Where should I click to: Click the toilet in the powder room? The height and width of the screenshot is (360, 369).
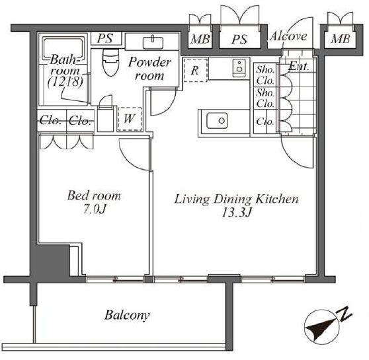[x=111, y=62]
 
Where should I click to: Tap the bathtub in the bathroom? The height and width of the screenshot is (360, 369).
[x=63, y=49]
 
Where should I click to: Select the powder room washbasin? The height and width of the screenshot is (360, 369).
[x=153, y=42]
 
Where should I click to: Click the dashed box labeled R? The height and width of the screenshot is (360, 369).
[x=196, y=70]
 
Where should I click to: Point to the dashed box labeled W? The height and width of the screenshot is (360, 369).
[x=130, y=119]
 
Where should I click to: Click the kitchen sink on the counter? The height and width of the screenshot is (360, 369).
[x=217, y=121]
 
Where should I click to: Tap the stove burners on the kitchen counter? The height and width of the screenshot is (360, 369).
[x=239, y=68]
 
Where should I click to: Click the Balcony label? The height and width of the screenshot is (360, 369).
[x=127, y=315]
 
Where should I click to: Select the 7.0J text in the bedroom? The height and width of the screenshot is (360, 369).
[x=95, y=209]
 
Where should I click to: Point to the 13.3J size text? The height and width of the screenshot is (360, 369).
[x=237, y=213]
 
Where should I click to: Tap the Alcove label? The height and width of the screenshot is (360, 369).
[x=288, y=36]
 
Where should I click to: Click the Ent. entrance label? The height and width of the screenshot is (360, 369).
[x=299, y=66]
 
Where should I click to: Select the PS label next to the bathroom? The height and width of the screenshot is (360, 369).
[x=105, y=38]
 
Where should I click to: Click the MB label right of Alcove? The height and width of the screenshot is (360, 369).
[x=341, y=39]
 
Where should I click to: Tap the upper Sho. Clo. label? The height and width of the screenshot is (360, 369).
[x=265, y=75]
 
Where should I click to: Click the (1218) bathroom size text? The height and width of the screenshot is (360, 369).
[x=65, y=82]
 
